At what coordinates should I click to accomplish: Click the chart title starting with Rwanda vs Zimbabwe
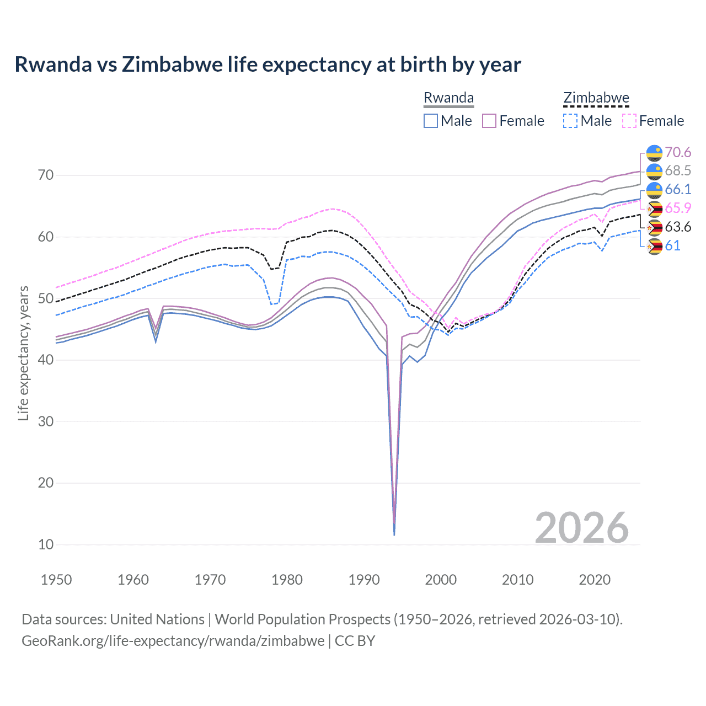(268, 65)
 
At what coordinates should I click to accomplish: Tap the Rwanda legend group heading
(448, 98)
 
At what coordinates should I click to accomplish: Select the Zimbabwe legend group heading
(596, 98)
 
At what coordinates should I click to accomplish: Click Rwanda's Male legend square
(431, 121)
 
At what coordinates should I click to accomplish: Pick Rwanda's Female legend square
(490, 121)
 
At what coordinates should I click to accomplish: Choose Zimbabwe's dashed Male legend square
(570, 121)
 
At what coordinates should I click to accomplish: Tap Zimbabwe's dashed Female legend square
(629, 121)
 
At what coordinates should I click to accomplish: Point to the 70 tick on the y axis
(46, 175)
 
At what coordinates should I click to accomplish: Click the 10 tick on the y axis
(46, 544)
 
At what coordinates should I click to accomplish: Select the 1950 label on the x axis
(56, 580)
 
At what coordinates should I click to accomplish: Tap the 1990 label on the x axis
(364, 580)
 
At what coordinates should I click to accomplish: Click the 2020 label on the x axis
(595, 580)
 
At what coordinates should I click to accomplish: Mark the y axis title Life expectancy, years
(23, 353)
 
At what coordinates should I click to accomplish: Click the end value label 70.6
(678, 152)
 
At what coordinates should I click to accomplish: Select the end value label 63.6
(678, 227)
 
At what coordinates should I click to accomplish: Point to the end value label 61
(672, 246)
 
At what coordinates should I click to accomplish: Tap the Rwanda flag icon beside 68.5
(654, 171)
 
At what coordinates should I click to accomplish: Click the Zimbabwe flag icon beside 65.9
(654, 208)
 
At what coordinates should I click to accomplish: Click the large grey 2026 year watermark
(581, 528)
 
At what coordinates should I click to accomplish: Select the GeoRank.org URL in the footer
(173, 641)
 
